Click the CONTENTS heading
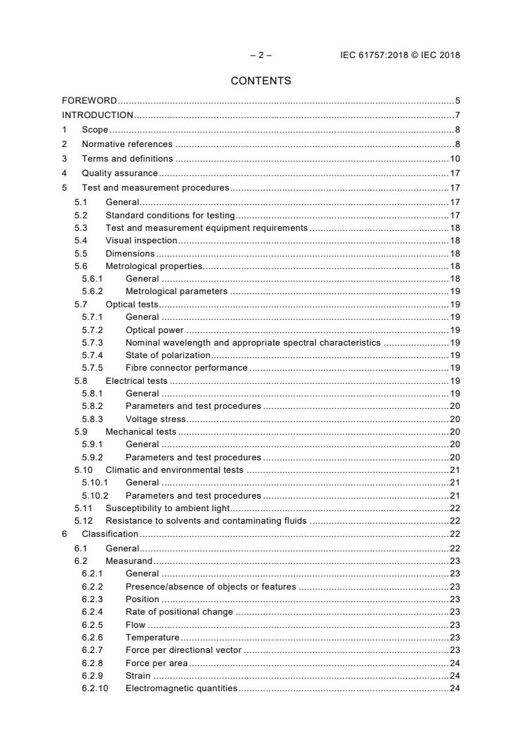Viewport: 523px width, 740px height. (261, 81)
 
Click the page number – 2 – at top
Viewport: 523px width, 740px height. (261, 55)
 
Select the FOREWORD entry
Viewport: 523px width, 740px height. (90, 101)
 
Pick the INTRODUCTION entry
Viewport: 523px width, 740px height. (98, 115)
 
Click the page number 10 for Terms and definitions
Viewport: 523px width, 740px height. (454, 158)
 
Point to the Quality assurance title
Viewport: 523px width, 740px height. (119, 173)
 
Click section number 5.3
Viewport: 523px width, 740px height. (80, 228)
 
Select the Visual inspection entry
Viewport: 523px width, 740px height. (141, 241)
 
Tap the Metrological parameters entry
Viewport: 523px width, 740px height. (176, 291)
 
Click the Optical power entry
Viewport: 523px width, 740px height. (154, 330)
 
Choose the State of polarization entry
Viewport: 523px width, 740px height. (168, 355)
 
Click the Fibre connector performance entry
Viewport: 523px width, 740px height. (187, 367)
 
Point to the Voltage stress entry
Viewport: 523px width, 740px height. (156, 419)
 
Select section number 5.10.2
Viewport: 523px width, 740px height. (95, 495)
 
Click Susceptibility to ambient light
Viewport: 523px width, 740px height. (167, 508)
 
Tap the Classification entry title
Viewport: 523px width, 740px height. (109, 534)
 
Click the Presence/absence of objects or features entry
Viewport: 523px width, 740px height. (210, 586)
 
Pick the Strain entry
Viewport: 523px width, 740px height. (138, 675)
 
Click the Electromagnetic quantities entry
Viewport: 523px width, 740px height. (181, 689)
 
